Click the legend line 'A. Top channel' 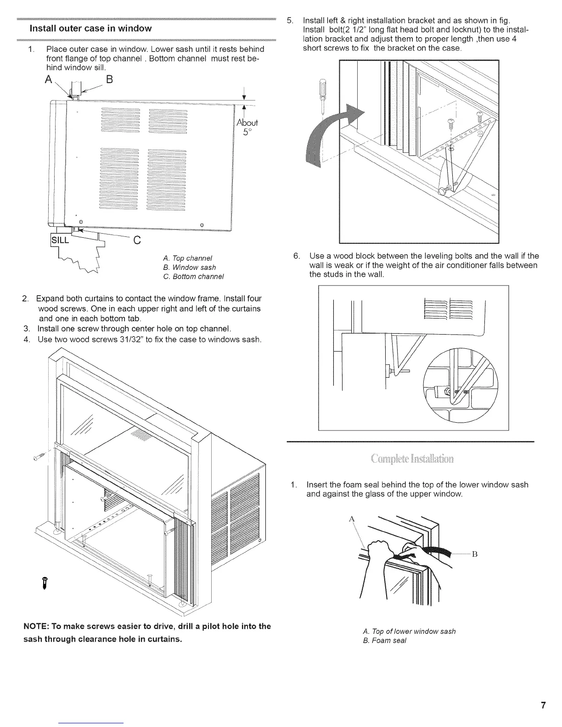point(187,258)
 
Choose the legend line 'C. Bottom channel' point(193,276)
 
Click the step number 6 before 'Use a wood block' point(296,256)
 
